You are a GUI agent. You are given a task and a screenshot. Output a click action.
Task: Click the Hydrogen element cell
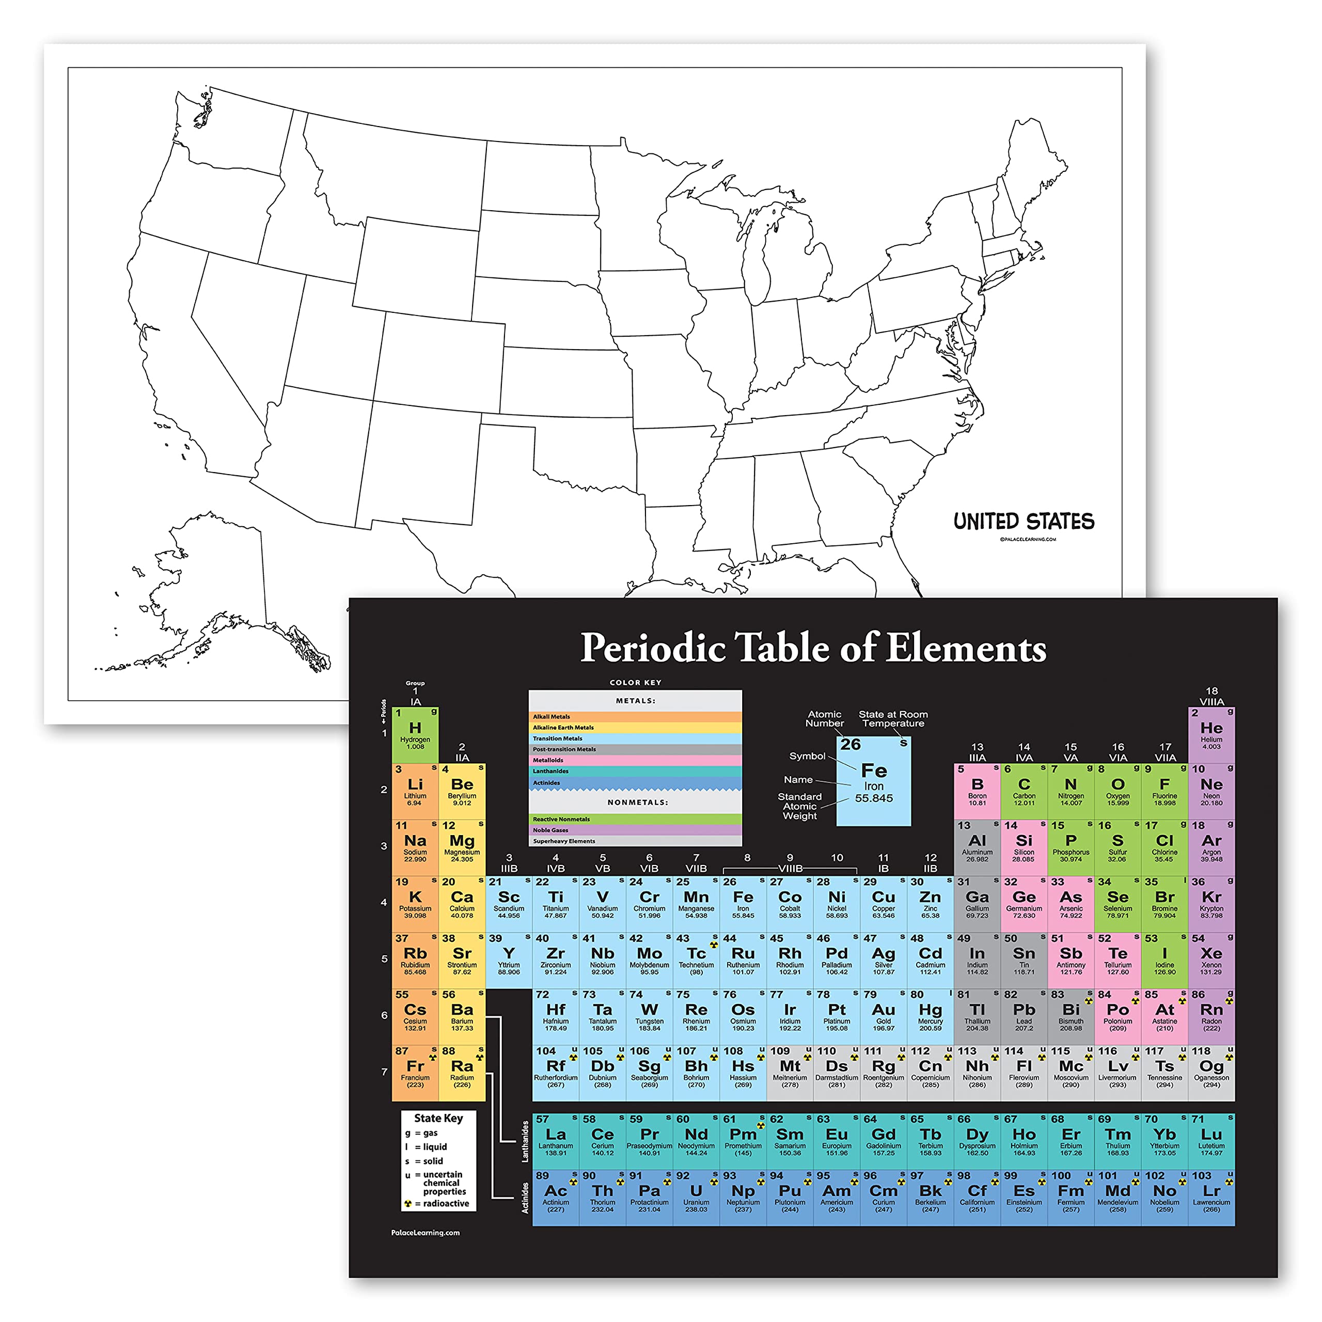(415, 735)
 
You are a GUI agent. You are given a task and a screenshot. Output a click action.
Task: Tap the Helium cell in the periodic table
(1210, 735)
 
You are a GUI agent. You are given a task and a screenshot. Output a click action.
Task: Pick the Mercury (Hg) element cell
(930, 1016)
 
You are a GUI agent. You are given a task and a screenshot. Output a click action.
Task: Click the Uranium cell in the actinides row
(696, 1197)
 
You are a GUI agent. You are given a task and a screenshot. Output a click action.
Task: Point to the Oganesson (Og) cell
(1210, 1072)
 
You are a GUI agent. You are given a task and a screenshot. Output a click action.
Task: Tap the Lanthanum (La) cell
(555, 1141)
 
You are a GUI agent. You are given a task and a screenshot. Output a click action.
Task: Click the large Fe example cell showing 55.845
(873, 781)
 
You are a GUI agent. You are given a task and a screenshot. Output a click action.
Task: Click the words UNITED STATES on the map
(1024, 522)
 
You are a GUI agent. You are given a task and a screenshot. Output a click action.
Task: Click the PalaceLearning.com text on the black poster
(425, 1232)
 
